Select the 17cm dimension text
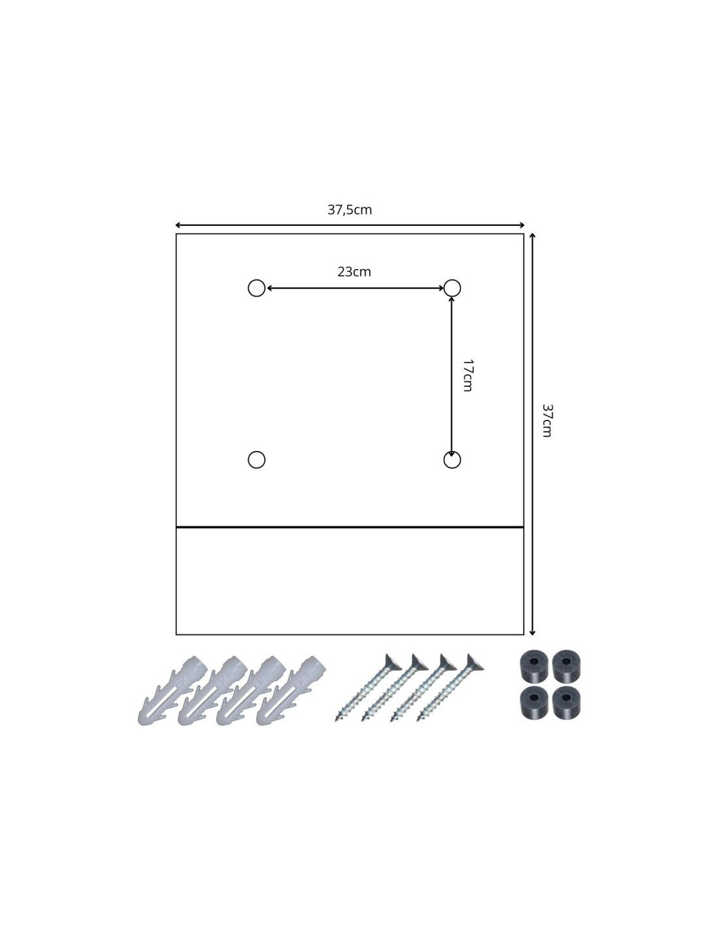[467, 375]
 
